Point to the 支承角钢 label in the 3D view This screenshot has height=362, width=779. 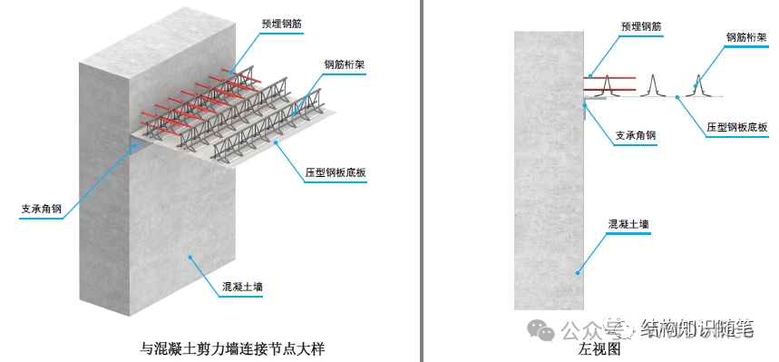[41, 209]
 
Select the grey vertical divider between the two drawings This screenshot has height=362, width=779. [422, 181]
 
